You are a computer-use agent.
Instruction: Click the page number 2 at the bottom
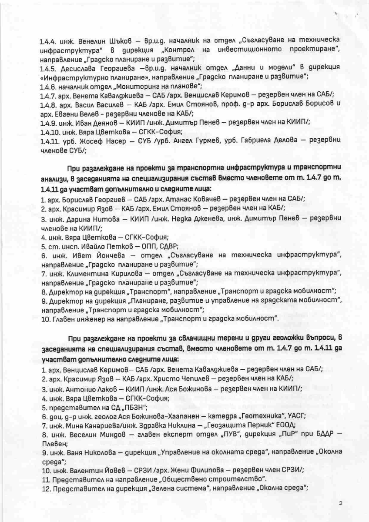click(x=341, y=503)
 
